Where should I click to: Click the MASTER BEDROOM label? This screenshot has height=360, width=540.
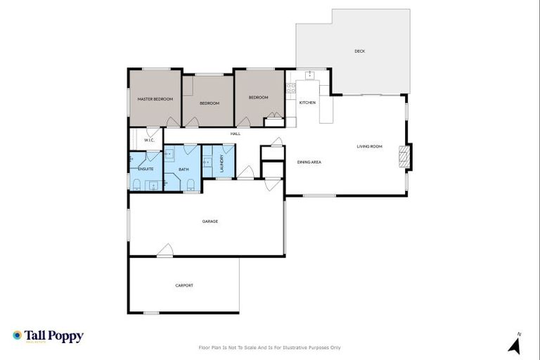[155, 99]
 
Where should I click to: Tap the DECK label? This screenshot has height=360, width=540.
[359, 51]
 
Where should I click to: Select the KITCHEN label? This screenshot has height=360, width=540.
[307, 103]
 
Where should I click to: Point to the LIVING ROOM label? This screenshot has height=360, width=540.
[369, 146]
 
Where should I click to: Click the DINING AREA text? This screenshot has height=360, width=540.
[309, 162]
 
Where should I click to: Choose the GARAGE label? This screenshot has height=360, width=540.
[210, 221]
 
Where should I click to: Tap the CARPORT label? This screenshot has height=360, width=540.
[184, 285]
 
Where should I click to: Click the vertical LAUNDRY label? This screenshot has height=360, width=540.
[221, 164]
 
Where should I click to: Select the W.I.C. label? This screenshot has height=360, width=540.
[149, 141]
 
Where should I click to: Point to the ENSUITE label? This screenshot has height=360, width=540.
[146, 169]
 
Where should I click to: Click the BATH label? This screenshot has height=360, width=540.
[184, 169]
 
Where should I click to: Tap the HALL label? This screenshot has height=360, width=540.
[236, 134]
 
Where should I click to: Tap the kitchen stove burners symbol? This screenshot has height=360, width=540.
[290, 89]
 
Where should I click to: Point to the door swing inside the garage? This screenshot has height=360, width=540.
[165, 250]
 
